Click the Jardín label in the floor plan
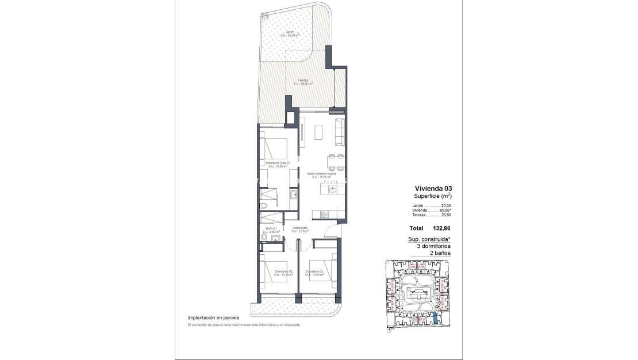[x=290, y=32]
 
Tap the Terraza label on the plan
[x=303, y=81]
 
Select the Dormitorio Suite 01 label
[x=277, y=163]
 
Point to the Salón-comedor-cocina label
[x=322, y=173]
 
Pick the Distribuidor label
[x=299, y=228]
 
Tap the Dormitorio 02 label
[x=283, y=271]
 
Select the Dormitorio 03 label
[x=315, y=271]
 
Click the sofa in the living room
[x=340, y=131]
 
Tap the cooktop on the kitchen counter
[x=324, y=215]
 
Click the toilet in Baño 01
[x=264, y=239]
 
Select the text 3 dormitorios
[x=433, y=246]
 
